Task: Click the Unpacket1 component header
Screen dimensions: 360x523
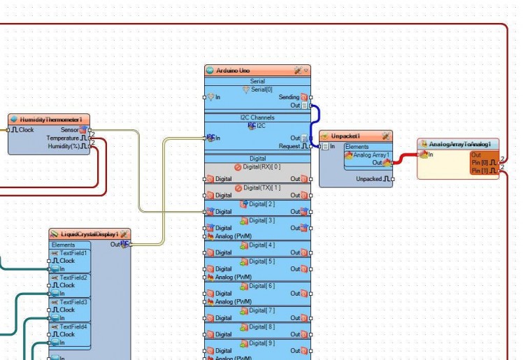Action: click(x=345, y=136)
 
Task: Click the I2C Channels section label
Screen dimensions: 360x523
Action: click(x=257, y=117)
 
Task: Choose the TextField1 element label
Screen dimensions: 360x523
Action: click(x=74, y=253)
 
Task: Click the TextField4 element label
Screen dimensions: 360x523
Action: click(x=74, y=326)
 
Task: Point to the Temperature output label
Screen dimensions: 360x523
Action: click(x=62, y=138)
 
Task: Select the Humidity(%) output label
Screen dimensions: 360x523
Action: click(x=64, y=146)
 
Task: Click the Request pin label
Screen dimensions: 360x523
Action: click(x=289, y=146)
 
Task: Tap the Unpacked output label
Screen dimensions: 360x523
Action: click(x=368, y=179)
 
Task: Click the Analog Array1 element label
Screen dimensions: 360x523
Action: click(x=371, y=154)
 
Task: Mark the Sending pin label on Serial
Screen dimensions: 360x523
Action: click(x=289, y=97)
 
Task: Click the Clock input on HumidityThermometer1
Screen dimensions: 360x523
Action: click(x=26, y=130)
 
